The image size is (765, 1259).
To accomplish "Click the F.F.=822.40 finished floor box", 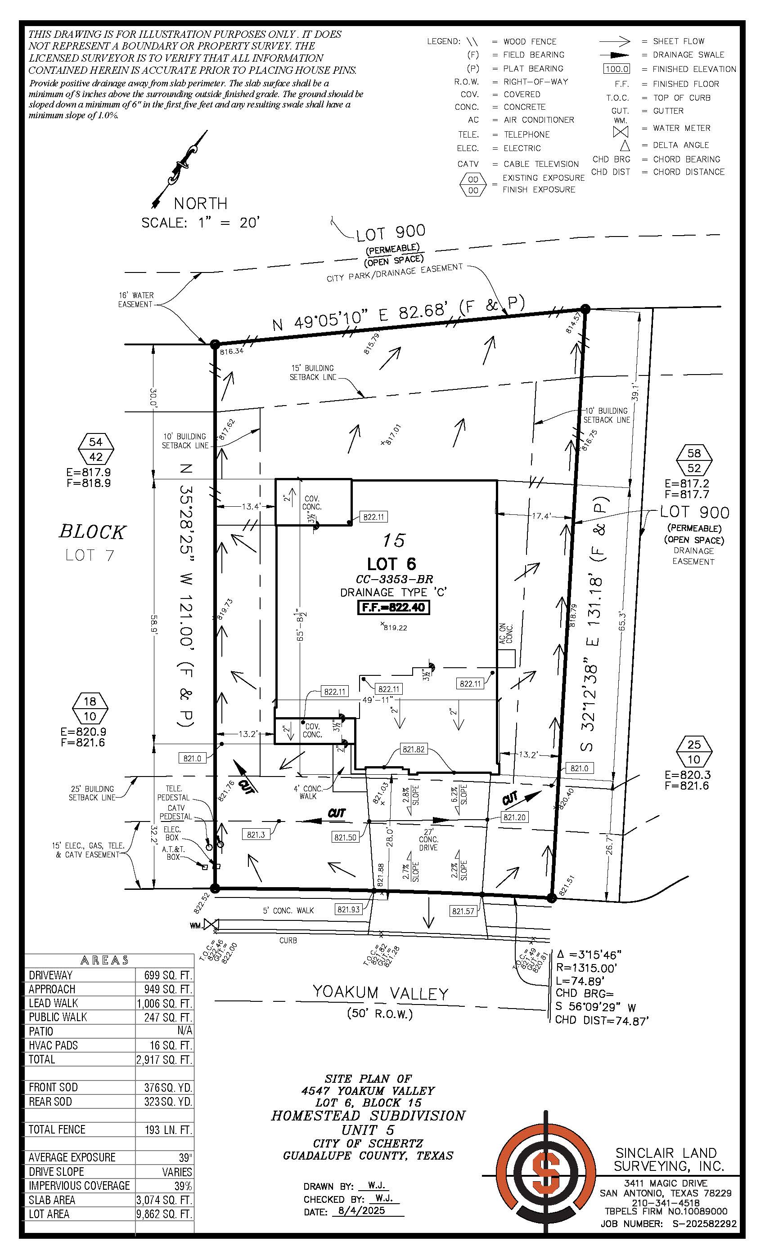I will [x=393, y=607].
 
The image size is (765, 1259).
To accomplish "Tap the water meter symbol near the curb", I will [x=211, y=925].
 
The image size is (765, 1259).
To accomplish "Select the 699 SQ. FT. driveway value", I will [x=164, y=975].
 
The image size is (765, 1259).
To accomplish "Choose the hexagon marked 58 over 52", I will [x=694, y=460].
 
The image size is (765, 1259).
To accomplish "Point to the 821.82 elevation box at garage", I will [x=413, y=749].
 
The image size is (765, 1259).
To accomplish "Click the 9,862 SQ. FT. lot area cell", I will [x=164, y=1214].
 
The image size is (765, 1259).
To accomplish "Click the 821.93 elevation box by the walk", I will [x=349, y=909].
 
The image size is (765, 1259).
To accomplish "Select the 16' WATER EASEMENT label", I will [x=135, y=300].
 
